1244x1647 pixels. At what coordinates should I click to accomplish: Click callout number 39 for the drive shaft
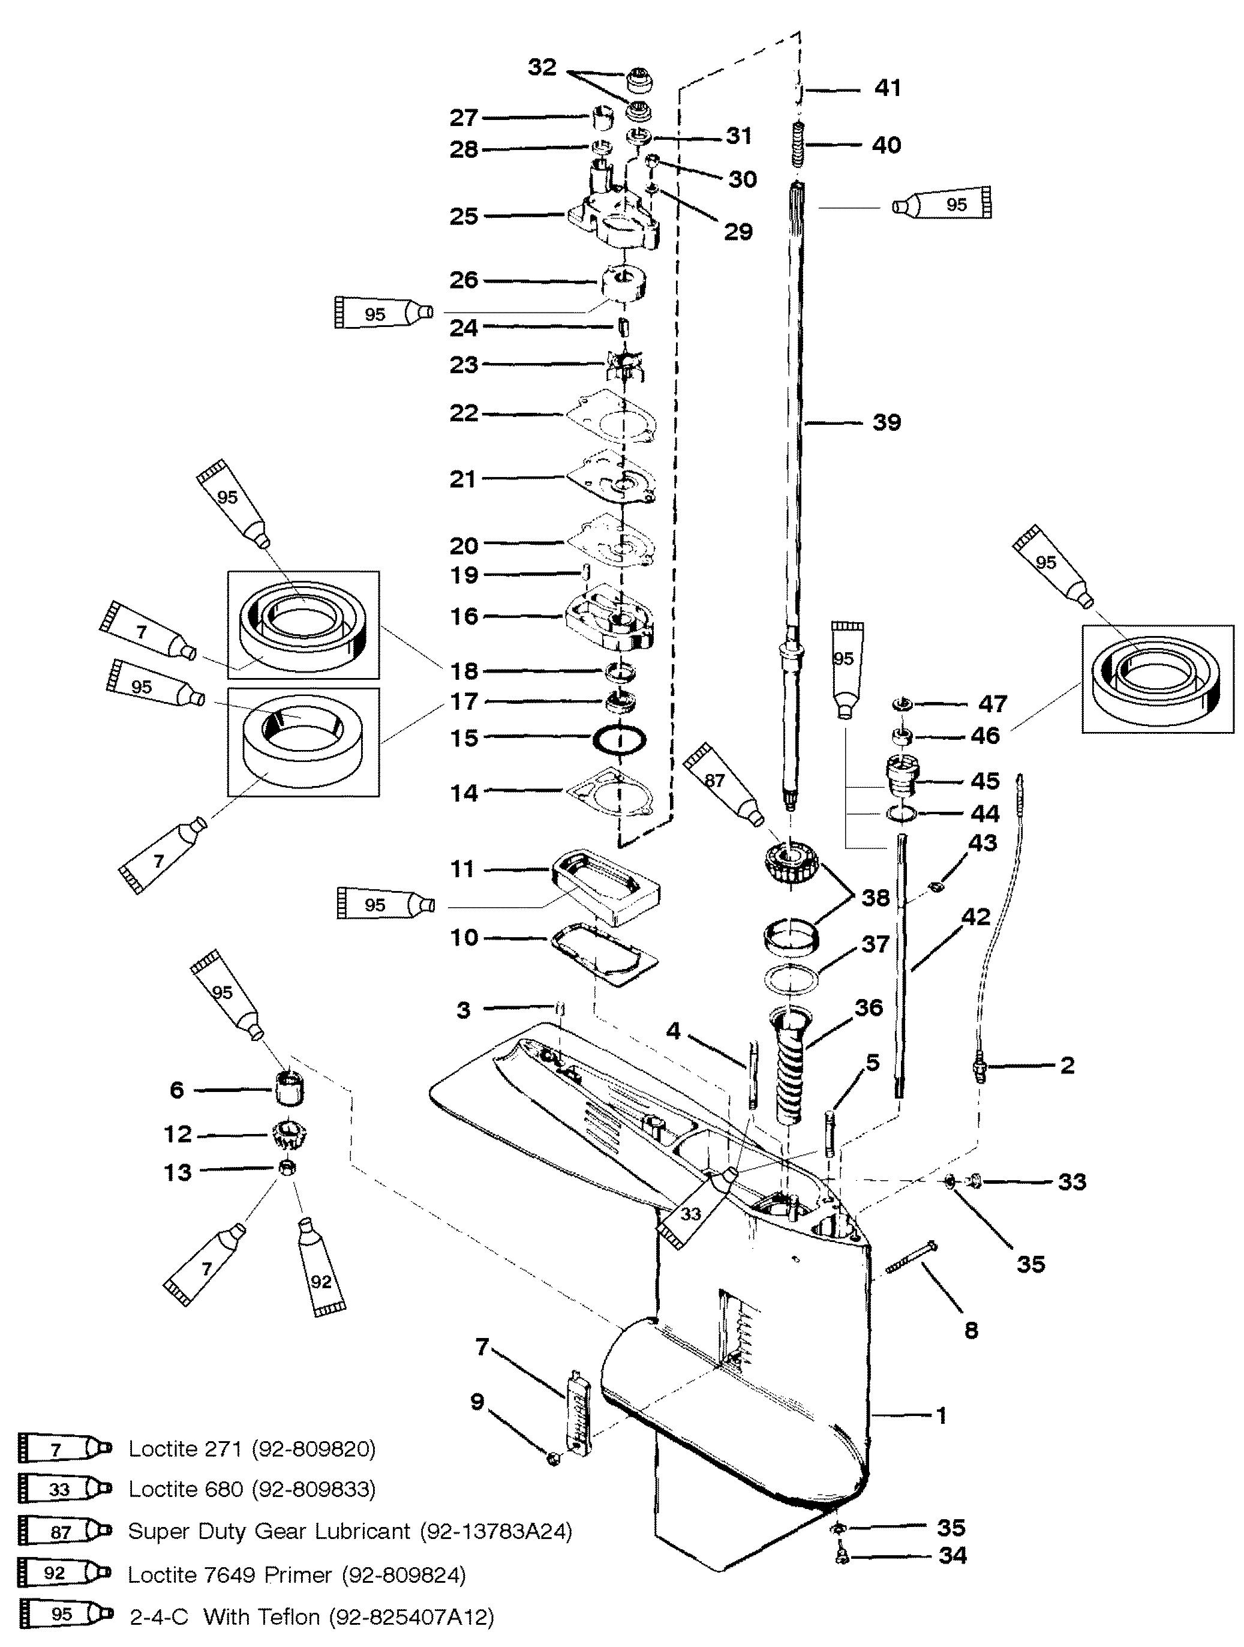pos(887,422)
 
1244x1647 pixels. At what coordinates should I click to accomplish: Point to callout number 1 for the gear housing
pos(941,1415)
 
